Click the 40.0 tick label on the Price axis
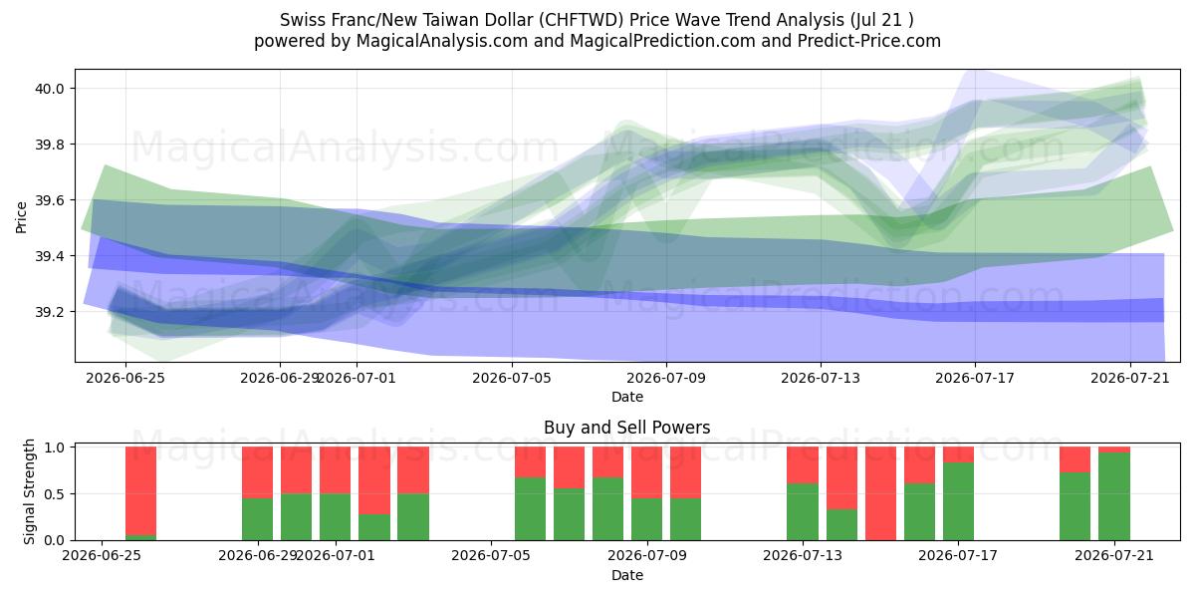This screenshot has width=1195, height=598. [x=49, y=89]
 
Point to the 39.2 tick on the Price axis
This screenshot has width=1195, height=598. [x=49, y=312]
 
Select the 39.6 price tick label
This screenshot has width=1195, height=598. [x=49, y=200]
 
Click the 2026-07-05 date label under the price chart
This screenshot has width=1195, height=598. [x=512, y=378]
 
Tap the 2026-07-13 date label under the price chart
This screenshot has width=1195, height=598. [x=821, y=378]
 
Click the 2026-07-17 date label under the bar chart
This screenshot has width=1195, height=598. [x=958, y=555]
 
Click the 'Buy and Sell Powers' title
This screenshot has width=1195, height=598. [x=626, y=428]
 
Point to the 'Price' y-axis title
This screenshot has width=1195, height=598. [x=21, y=217]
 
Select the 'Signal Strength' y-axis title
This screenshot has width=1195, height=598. [x=29, y=491]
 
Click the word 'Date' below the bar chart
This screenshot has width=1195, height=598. [x=626, y=575]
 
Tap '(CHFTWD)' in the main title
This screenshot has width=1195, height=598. [x=581, y=20]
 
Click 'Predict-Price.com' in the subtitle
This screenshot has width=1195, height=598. [x=869, y=41]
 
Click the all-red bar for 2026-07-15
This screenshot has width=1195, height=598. [x=880, y=493]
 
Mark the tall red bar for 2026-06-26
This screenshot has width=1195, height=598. [x=140, y=490]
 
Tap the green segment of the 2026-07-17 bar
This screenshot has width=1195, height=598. [x=958, y=501]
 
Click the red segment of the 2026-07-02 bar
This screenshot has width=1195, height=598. [x=374, y=480]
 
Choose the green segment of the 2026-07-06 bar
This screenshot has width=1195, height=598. [x=530, y=509]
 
